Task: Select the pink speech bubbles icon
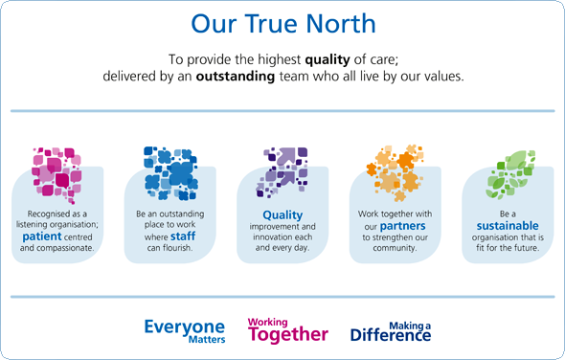coord(57,168)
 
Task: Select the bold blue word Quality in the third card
coord(282,215)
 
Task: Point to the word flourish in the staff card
coord(182,247)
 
